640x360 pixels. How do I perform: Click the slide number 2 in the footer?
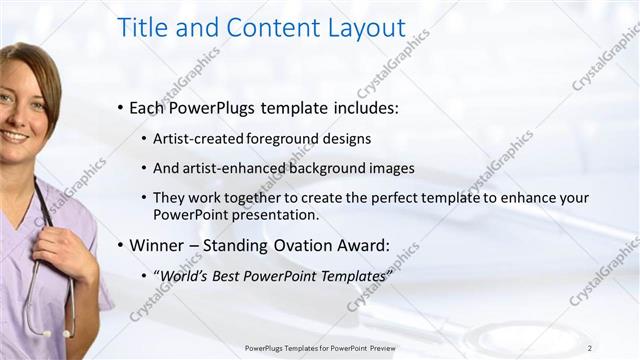pyautogui.click(x=590, y=348)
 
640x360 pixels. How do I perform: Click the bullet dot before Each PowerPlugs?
pyautogui.click(x=121, y=107)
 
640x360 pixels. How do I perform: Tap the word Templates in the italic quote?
pyautogui.click(x=348, y=275)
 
